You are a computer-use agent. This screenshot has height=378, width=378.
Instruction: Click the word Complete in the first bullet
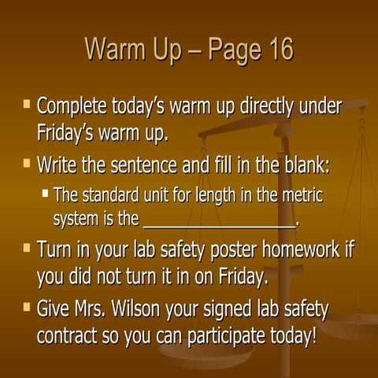(75, 106)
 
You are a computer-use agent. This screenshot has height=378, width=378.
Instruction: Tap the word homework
(303, 250)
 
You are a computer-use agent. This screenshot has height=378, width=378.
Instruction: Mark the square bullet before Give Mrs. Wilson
(27, 306)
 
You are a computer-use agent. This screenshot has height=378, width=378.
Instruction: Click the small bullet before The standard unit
(46, 191)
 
